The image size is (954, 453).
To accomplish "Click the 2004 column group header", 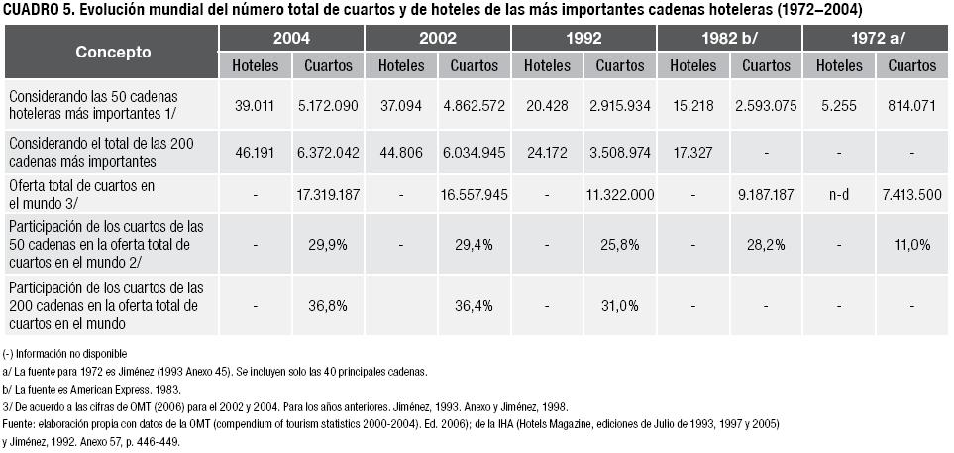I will (x=291, y=39).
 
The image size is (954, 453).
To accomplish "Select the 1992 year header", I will (x=583, y=39).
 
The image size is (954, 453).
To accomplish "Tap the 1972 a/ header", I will (x=876, y=39).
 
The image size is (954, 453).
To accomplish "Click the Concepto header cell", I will (x=113, y=52).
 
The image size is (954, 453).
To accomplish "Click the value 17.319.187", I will (x=328, y=195).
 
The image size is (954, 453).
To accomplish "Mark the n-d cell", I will (x=838, y=195).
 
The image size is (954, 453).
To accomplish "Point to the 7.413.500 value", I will (x=912, y=195).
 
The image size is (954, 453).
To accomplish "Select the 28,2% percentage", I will (x=766, y=244).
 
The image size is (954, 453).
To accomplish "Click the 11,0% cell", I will (x=912, y=244).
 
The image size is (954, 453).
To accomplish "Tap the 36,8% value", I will (x=328, y=305).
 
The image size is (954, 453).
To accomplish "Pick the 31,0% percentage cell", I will (x=619, y=305).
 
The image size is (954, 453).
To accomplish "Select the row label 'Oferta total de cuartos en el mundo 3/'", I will (x=69, y=194).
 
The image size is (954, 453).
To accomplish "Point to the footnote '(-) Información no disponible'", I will (x=65, y=354).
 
